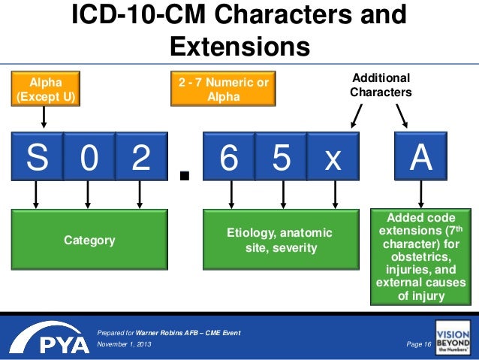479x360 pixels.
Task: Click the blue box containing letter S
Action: pos(35,158)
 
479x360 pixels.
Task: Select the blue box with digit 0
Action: pos(88,158)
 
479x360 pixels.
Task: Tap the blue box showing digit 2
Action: pos(140,158)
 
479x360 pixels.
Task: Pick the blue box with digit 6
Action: pos(229,158)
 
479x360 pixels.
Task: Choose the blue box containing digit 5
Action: pos(282,158)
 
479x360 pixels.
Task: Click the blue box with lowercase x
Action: pos(333,158)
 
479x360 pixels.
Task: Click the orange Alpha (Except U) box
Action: pos(44,89)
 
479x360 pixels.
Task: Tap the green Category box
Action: pos(89,241)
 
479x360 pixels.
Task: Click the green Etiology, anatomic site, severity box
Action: pos(282,241)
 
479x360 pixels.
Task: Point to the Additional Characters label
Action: pos(381,85)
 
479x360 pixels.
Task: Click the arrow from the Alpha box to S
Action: pos(44,116)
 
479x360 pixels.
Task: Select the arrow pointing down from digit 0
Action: pos(88,196)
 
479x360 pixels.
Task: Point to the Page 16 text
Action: pos(417,343)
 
